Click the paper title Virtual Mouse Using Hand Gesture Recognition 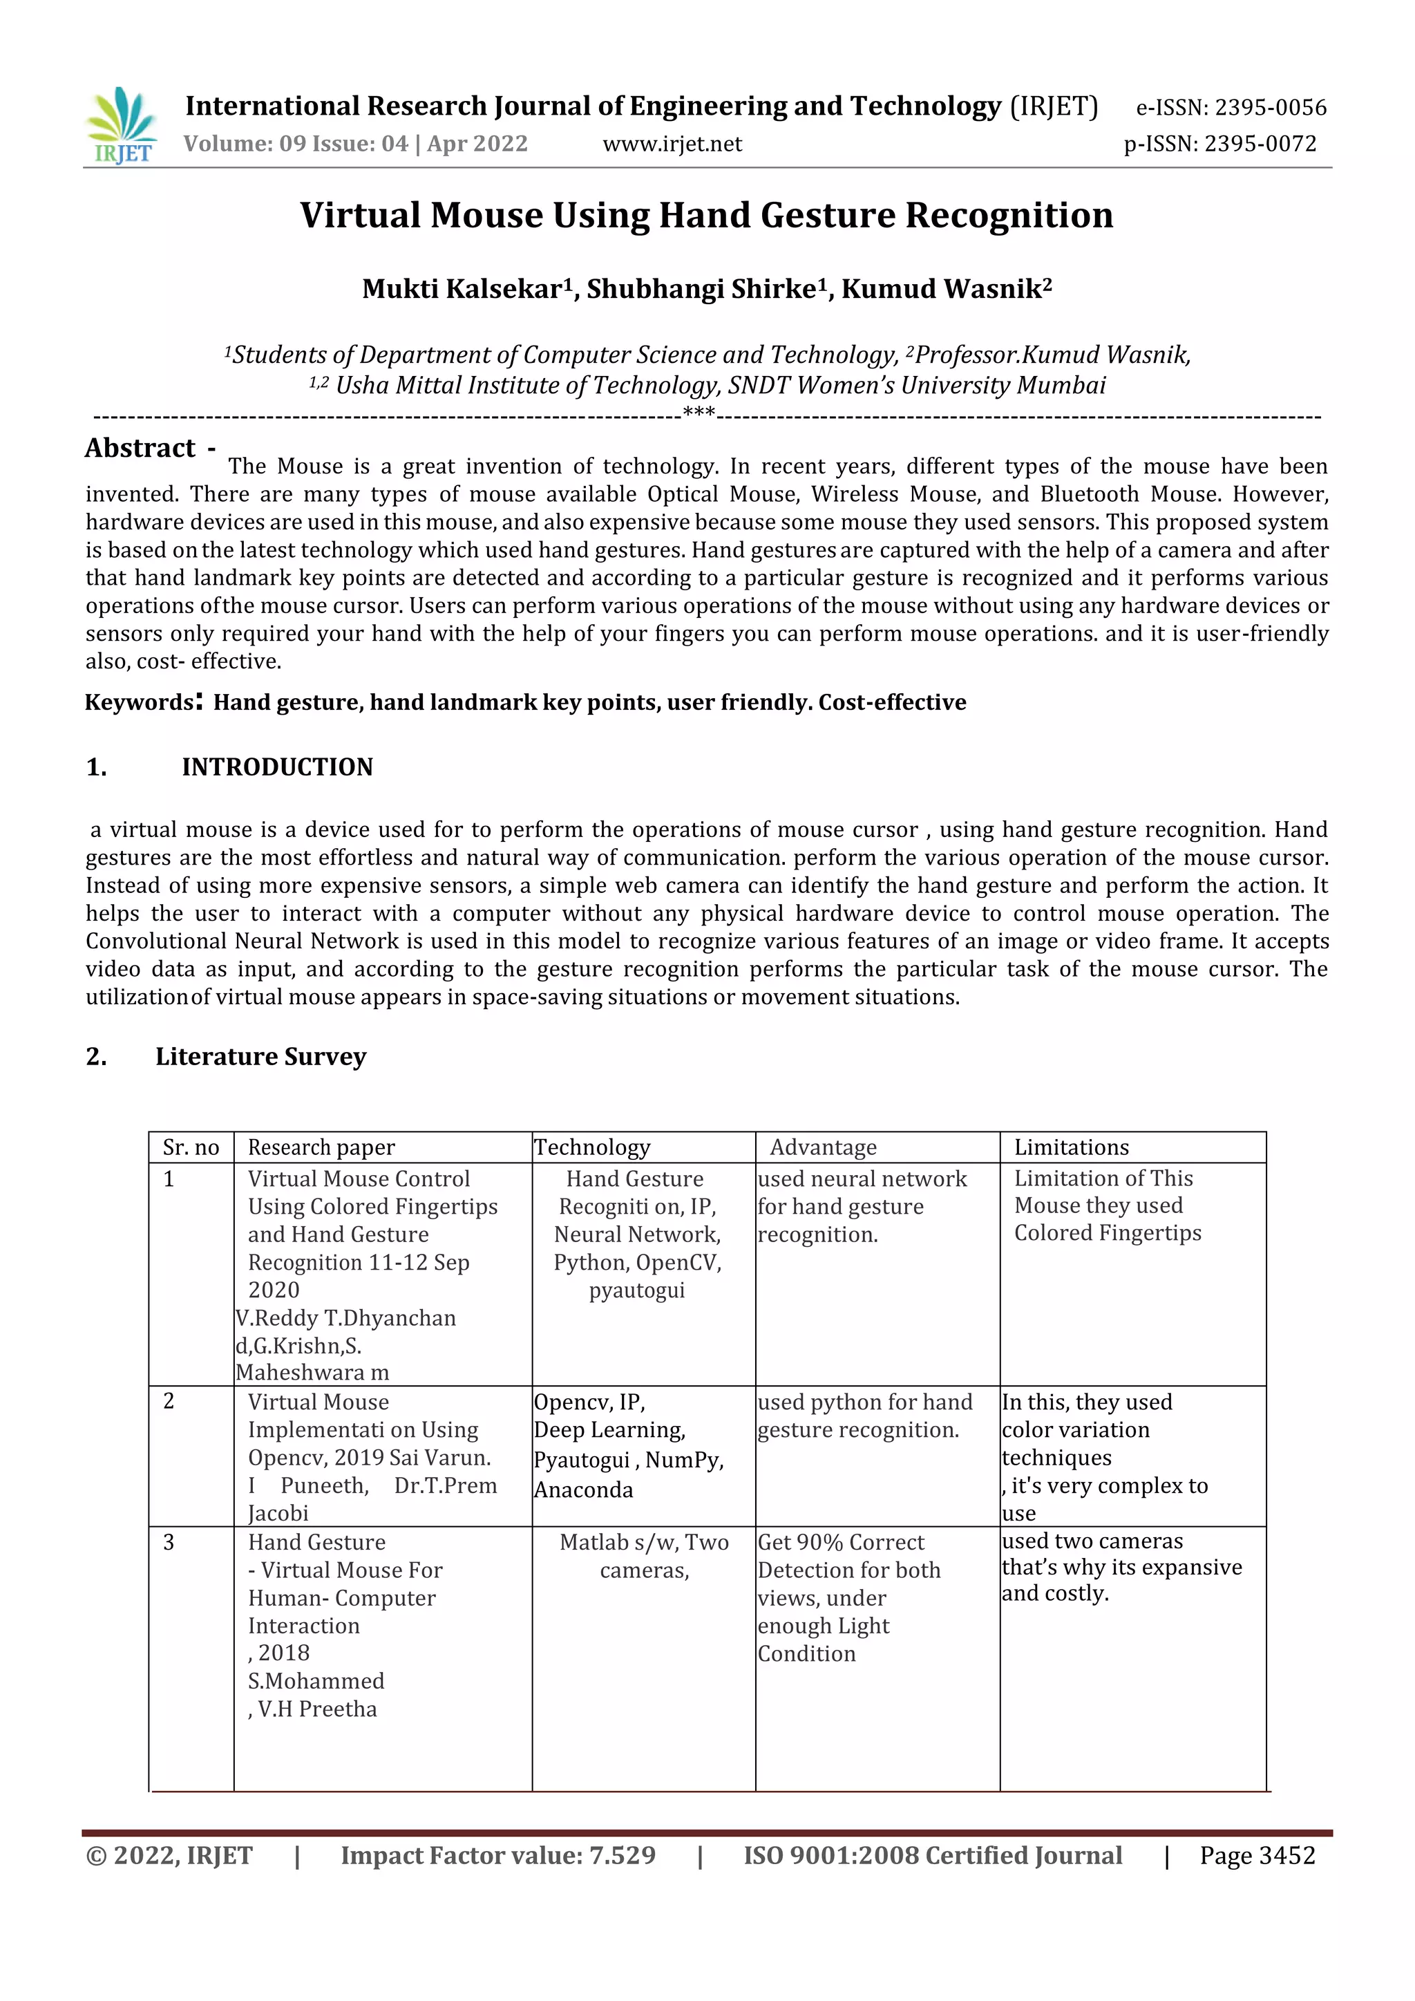tap(707, 215)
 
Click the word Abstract tap(140, 448)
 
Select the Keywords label tap(140, 702)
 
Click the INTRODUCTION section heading tap(277, 767)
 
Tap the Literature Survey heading tap(260, 1056)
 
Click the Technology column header tap(593, 1147)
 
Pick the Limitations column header tap(1071, 1147)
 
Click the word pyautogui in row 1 tap(637, 1290)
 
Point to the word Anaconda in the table tap(584, 1490)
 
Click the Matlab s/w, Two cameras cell tap(644, 1556)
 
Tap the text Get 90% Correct tap(841, 1542)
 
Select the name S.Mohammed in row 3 tap(316, 1680)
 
